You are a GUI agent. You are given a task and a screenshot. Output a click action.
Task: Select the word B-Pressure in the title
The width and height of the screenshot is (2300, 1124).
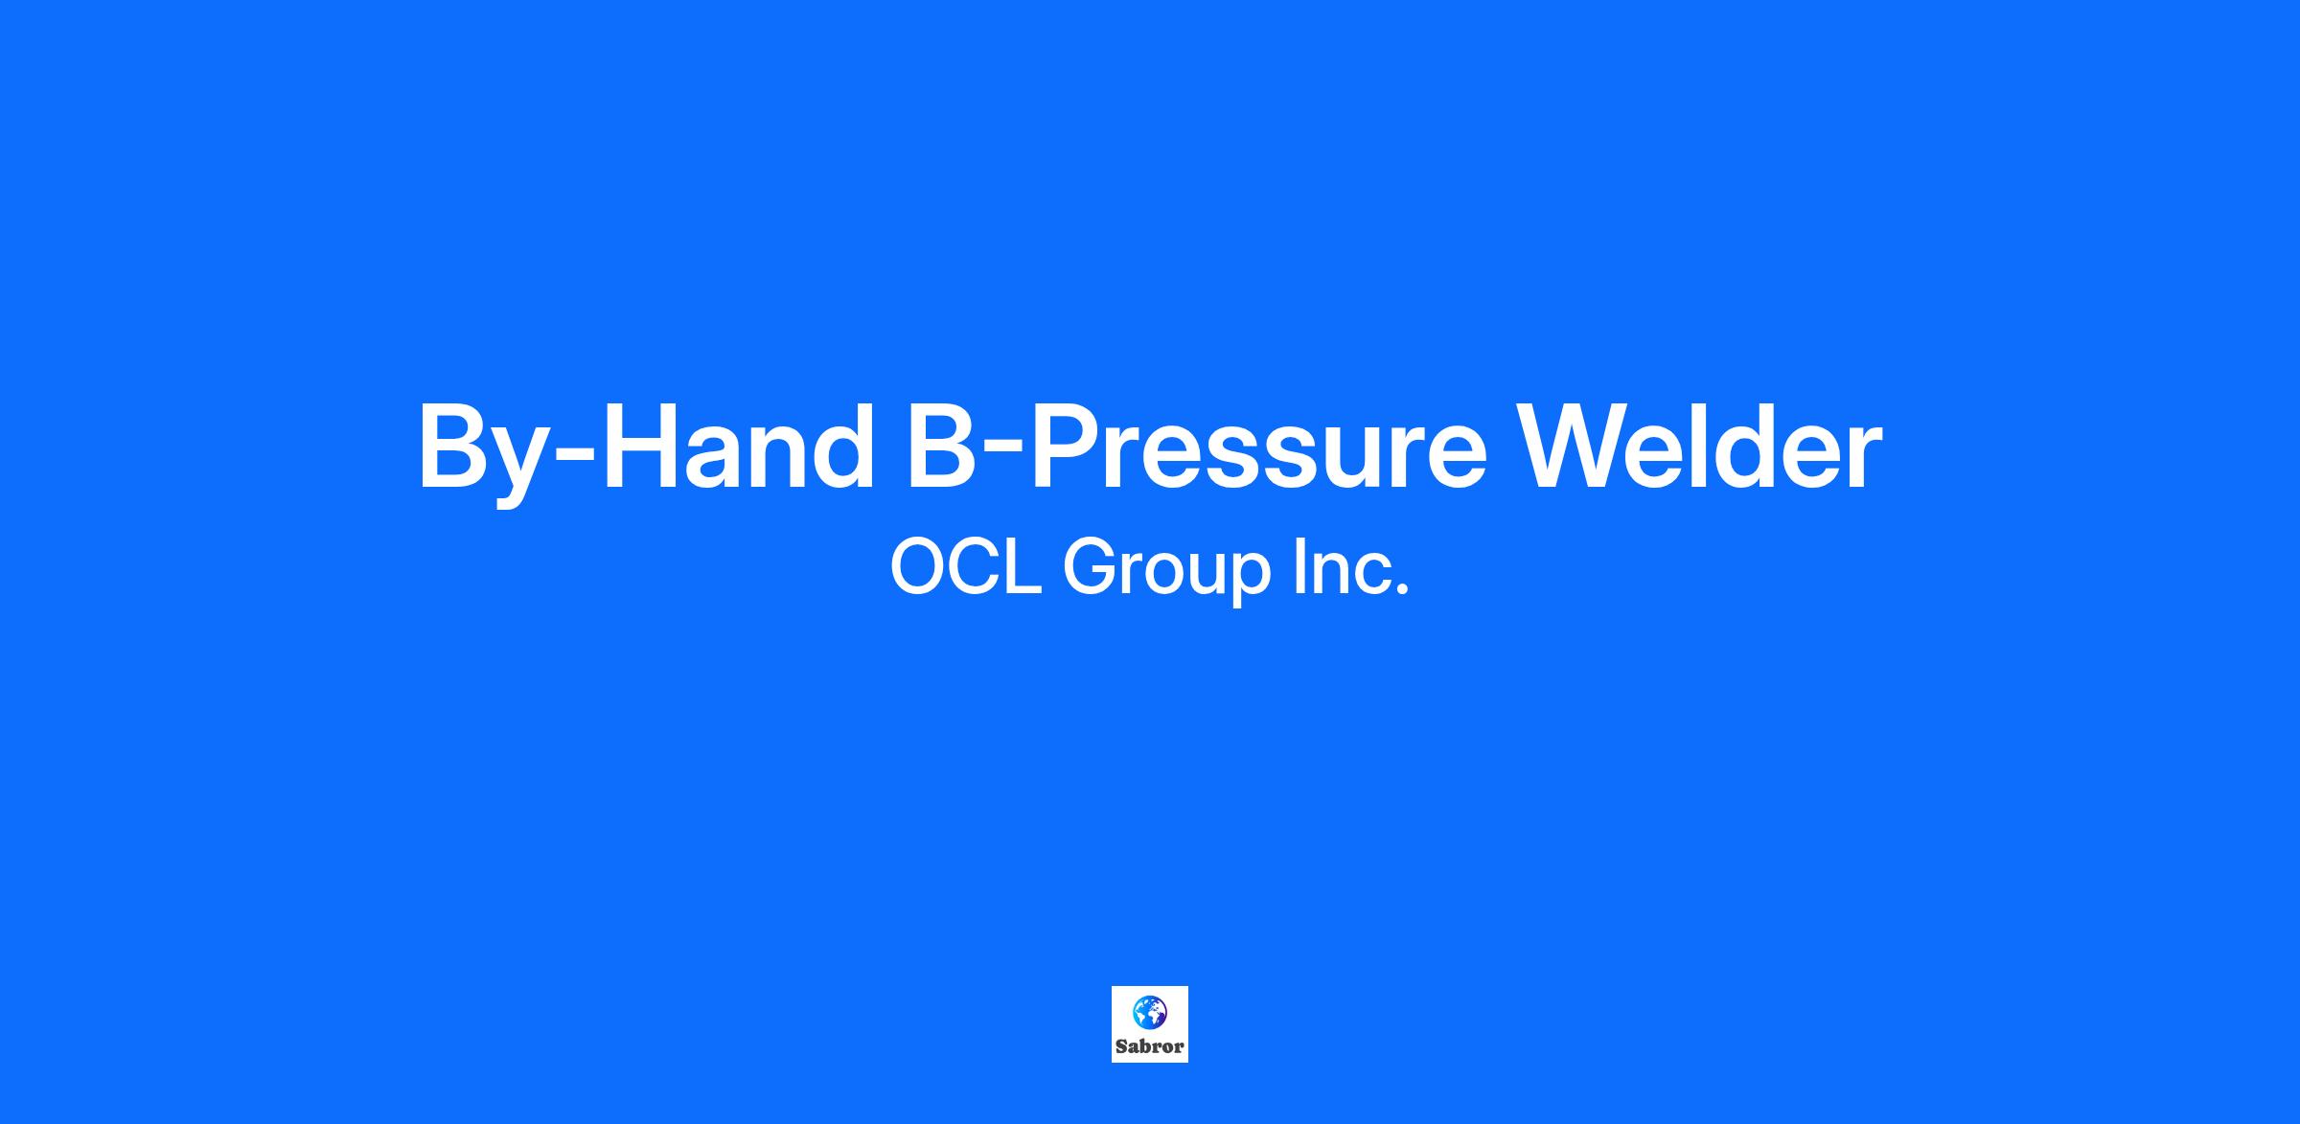1197,447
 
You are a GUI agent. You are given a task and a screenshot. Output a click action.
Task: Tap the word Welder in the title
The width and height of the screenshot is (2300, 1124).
1702,445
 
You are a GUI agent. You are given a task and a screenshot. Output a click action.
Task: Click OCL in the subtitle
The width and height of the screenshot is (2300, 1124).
966,566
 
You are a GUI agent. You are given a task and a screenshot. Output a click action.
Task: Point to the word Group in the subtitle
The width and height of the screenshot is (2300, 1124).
1167,572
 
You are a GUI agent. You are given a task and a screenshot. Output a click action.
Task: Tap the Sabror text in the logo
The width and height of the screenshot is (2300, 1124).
1150,1047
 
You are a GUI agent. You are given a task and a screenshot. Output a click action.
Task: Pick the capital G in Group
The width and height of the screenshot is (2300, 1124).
1091,566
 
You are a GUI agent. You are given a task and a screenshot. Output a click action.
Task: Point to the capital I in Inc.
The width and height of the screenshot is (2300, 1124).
1299,566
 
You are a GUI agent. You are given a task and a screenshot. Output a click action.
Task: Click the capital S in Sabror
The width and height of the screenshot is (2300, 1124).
1121,1047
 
